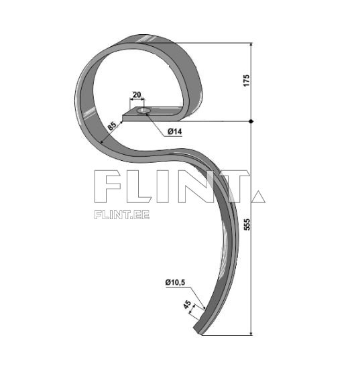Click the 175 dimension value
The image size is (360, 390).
pos(246,81)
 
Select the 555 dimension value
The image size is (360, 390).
pos(246,225)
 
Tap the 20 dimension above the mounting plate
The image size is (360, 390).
pos(137,95)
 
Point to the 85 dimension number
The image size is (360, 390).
pos(111,125)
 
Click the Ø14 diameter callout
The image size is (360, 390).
pos(174,132)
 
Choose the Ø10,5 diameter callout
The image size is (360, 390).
pos(175,283)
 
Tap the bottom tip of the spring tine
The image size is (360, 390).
pos(201,330)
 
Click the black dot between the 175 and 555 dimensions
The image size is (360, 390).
pos(251,121)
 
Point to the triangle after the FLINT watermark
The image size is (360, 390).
pos(258,196)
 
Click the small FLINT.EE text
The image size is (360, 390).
pos(122,214)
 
